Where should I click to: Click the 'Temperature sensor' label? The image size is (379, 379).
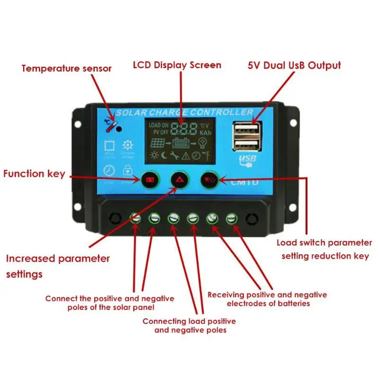tap(66, 68)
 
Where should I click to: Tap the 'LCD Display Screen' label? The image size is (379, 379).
tap(177, 65)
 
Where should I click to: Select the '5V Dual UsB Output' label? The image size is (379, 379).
tap(294, 65)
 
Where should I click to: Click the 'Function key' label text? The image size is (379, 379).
tap(34, 174)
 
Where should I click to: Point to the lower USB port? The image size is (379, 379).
tap(247, 145)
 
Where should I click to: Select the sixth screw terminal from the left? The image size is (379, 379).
tap(231, 218)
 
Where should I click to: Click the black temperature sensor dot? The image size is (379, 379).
tap(119, 128)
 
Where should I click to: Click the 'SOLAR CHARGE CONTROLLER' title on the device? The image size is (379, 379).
tap(184, 113)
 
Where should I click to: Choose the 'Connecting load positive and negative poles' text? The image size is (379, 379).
tap(189, 325)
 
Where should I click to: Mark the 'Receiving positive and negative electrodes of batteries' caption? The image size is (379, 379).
tap(267, 299)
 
